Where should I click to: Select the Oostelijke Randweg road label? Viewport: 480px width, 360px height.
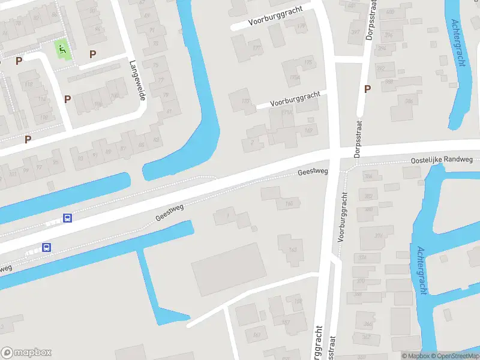pos(442,160)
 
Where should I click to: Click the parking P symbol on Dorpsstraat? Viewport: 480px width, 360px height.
pos(367,89)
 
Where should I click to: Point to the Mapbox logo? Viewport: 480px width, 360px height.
pos(26,353)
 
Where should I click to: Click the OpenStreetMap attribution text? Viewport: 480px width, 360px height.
pos(455,356)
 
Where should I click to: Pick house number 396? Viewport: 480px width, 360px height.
pos(389,35)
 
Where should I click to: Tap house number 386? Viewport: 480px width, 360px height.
pos(409,101)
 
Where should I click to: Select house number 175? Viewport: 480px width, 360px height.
pos(309,62)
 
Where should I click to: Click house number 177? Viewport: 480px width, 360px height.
pos(257,48)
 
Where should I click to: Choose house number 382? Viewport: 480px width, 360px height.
pos(368,196)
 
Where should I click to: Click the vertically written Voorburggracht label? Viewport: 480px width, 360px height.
pos(343,215)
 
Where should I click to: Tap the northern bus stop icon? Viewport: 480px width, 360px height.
pos(68,218)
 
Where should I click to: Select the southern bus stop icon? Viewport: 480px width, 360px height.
pos(46,247)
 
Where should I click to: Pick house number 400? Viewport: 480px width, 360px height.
pos(390,12)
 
